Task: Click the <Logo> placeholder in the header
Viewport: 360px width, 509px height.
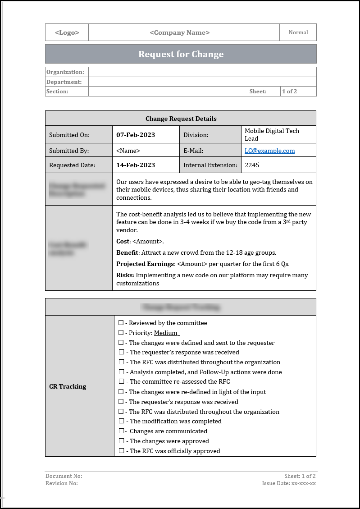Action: pos(67,32)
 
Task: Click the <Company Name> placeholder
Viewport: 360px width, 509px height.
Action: pos(179,32)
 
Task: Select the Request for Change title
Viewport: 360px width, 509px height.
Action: pos(181,54)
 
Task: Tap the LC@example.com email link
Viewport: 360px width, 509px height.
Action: pos(269,151)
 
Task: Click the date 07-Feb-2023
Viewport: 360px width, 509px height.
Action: pos(135,135)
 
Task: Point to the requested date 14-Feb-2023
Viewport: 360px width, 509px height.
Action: pos(135,165)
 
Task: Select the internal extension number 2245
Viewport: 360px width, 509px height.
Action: pos(252,165)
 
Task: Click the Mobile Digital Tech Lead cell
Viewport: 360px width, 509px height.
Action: pos(272,134)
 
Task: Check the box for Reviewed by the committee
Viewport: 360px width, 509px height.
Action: pos(121,323)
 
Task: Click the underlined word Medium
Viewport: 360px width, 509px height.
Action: pos(166,333)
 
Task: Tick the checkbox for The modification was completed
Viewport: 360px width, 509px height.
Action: pos(121,421)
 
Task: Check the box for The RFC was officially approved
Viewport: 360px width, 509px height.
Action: pos(121,451)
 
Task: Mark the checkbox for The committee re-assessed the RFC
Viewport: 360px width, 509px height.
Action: pos(121,382)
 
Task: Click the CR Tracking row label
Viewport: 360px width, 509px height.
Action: pos(68,386)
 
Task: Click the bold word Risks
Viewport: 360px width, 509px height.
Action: pos(125,275)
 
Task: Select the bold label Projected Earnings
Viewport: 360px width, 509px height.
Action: pos(145,264)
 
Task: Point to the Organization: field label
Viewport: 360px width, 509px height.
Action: pos(65,72)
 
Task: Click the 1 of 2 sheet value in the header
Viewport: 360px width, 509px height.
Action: pos(289,92)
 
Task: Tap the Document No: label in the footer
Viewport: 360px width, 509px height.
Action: pos(64,476)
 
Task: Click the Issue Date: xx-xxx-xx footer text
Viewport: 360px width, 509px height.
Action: pos(289,483)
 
